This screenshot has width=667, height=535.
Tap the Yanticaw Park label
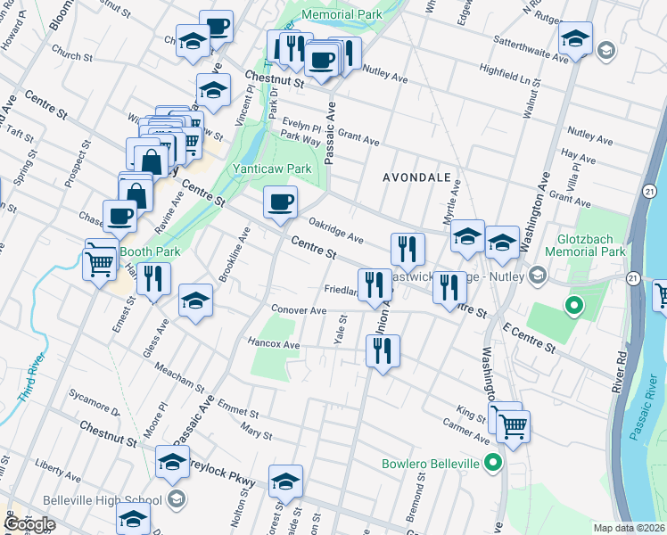click(x=272, y=169)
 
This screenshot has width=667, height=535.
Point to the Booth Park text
click(x=150, y=251)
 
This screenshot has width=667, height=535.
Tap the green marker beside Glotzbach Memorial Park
click(x=574, y=308)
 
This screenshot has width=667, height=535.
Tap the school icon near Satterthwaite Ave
click(x=576, y=38)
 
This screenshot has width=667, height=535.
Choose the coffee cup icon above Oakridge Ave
click(x=280, y=202)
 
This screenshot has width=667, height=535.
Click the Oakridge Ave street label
click(x=335, y=231)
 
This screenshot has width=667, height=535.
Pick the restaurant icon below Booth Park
click(x=153, y=279)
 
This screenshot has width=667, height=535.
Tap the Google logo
click(x=29, y=524)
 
